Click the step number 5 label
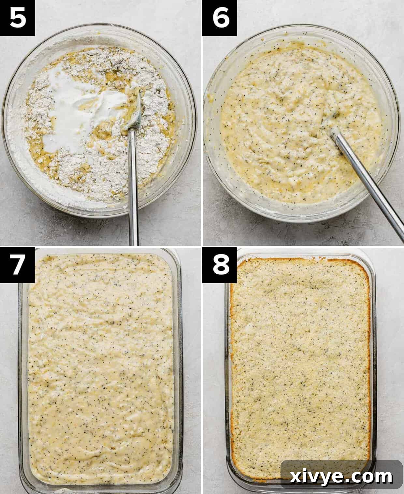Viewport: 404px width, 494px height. point(17,18)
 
